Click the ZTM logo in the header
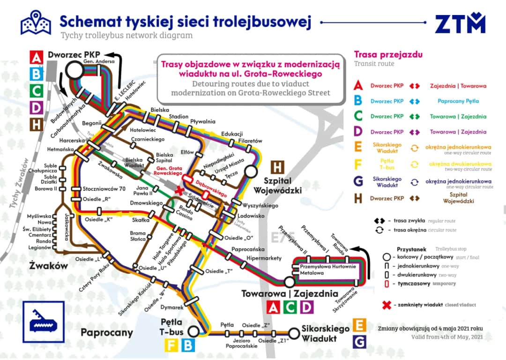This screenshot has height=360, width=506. tap(460, 23)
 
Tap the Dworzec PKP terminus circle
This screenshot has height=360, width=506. tap(73, 71)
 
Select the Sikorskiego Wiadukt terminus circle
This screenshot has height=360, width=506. tap(293, 333)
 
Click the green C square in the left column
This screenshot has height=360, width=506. tap(36, 90)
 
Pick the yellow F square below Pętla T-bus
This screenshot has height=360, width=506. tap(171, 345)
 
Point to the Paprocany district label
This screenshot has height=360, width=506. tap(107, 333)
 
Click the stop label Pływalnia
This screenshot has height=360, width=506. tap(202, 121)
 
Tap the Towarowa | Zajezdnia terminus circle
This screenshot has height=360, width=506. tap(289, 282)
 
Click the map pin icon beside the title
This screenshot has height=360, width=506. tap(36, 22)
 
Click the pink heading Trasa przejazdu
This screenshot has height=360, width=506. tap(388, 55)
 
